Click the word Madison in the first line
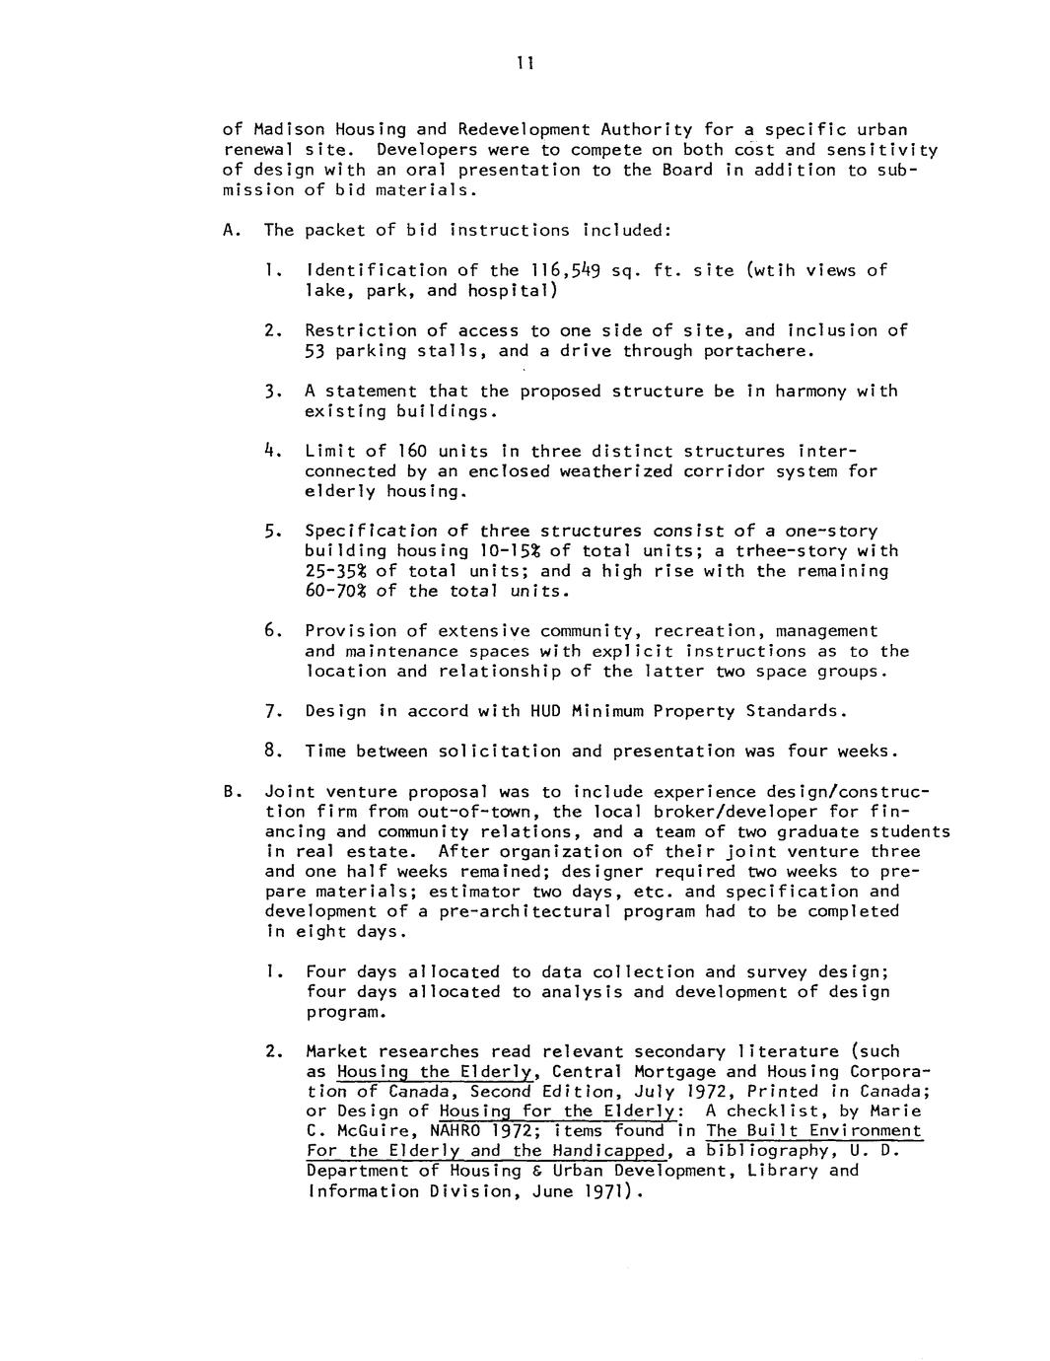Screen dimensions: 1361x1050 [285, 129]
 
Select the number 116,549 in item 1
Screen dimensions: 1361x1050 [559, 270]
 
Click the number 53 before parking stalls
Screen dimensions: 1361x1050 [315, 351]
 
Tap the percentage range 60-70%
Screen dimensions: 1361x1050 [335, 591]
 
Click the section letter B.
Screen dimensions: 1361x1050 [229, 791]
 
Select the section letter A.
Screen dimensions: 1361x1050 [229, 230]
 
